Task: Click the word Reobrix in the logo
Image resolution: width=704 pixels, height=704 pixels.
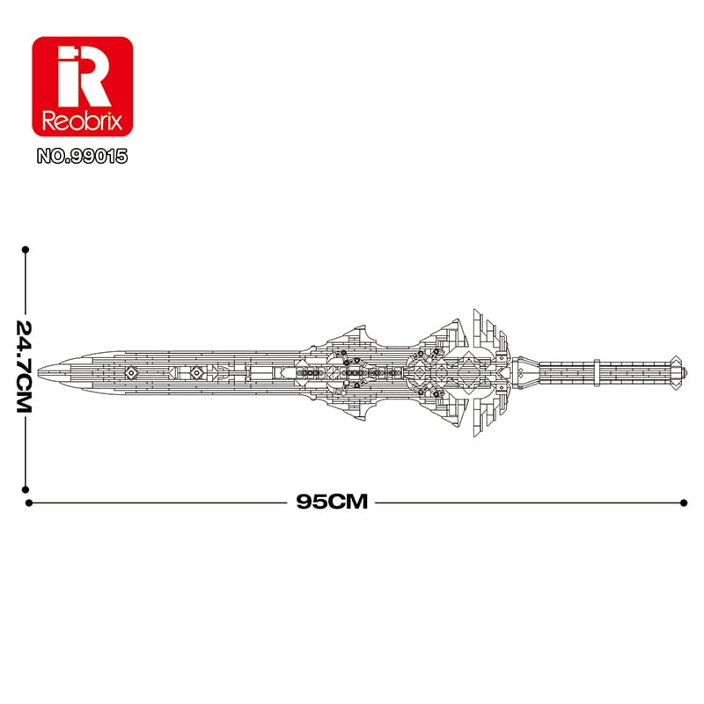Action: [82, 121]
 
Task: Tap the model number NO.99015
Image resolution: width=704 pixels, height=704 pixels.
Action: [82, 157]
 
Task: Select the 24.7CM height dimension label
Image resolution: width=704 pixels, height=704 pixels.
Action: [25, 366]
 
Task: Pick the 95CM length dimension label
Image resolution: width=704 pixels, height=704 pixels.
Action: [332, 502]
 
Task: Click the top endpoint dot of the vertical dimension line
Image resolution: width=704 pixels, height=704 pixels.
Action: [26, 250]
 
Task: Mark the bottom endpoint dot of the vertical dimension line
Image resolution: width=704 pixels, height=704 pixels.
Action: [26, 489]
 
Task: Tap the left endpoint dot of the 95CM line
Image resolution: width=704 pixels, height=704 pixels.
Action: [29, 502]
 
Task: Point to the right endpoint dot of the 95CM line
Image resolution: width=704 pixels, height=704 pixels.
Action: [684, 502]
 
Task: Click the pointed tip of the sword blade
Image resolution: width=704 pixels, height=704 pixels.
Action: [39, 372]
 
